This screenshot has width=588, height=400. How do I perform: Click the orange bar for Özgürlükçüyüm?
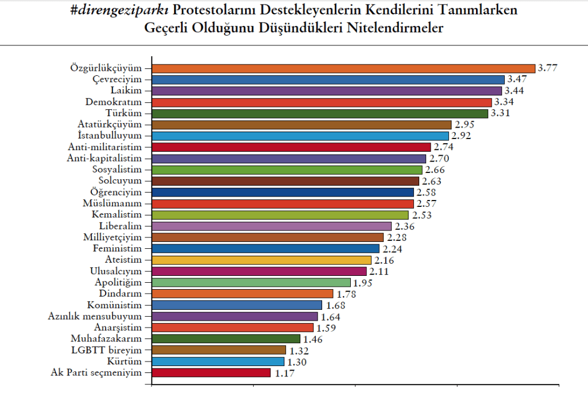tap(343, 68)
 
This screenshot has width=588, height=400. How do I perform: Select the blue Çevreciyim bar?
tap(328, 80)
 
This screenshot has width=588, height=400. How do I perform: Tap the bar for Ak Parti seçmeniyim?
tap(211, 372)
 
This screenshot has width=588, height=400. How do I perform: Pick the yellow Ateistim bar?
tap(261, 260)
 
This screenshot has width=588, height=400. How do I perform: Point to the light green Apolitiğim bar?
tap(252, 283)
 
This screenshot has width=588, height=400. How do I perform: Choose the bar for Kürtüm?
tap(218, 361)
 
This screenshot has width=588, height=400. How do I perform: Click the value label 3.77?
tap(547, 68)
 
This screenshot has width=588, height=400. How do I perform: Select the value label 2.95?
tap(465, 124)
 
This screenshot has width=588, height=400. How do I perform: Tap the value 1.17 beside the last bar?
tap(285, 374)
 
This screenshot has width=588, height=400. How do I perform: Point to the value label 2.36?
tap(405, 226)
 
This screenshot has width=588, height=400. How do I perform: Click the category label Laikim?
tap(126, 90)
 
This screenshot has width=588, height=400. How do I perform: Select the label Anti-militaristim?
tap(105, 147)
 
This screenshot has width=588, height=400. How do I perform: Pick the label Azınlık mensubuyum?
tap(95, 316)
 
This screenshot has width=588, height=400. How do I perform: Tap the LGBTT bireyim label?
tap(106, 350)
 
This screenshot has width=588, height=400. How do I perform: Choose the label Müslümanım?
tap(112, 203)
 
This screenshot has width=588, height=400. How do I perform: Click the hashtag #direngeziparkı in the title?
tap(119, 10)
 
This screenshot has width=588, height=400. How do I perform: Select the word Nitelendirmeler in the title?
tap(395, 28)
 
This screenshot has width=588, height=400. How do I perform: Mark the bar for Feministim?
tap(265, 249)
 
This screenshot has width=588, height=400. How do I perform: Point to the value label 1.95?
tap(363, 283)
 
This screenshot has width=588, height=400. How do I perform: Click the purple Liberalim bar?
tap(272, 226)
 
